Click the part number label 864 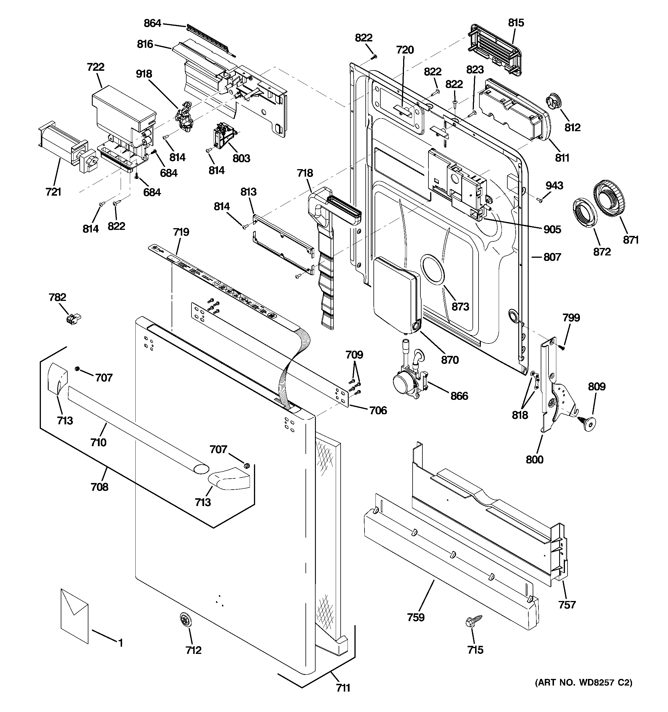point(152,23)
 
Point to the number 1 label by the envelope point(121,643)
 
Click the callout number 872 point(602,252)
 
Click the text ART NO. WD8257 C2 point(583,693)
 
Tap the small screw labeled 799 point(562,347)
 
